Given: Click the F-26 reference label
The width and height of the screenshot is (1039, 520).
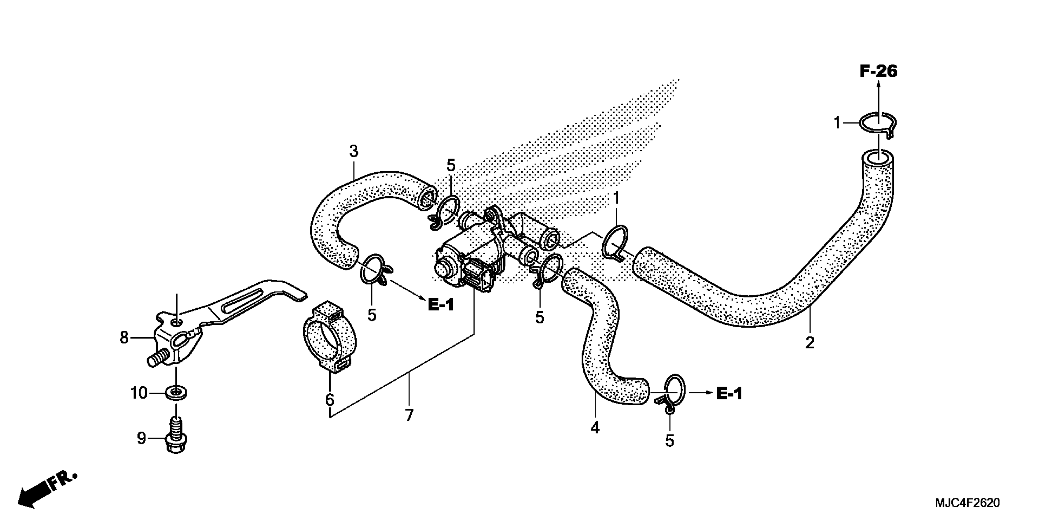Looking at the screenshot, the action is click(x=879, y=72).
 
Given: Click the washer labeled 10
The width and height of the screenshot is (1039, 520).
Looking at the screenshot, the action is click(x=176, y=392).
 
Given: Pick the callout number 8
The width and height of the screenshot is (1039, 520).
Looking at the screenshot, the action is click(x=124, y=337).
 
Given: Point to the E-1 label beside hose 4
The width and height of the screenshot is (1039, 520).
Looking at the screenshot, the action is click(x=729, y=393).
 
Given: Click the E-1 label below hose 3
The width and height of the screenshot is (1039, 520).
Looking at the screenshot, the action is click(x=441, y=305).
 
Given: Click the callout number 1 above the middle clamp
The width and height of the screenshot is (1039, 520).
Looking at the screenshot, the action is click(x=616, y=198).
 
